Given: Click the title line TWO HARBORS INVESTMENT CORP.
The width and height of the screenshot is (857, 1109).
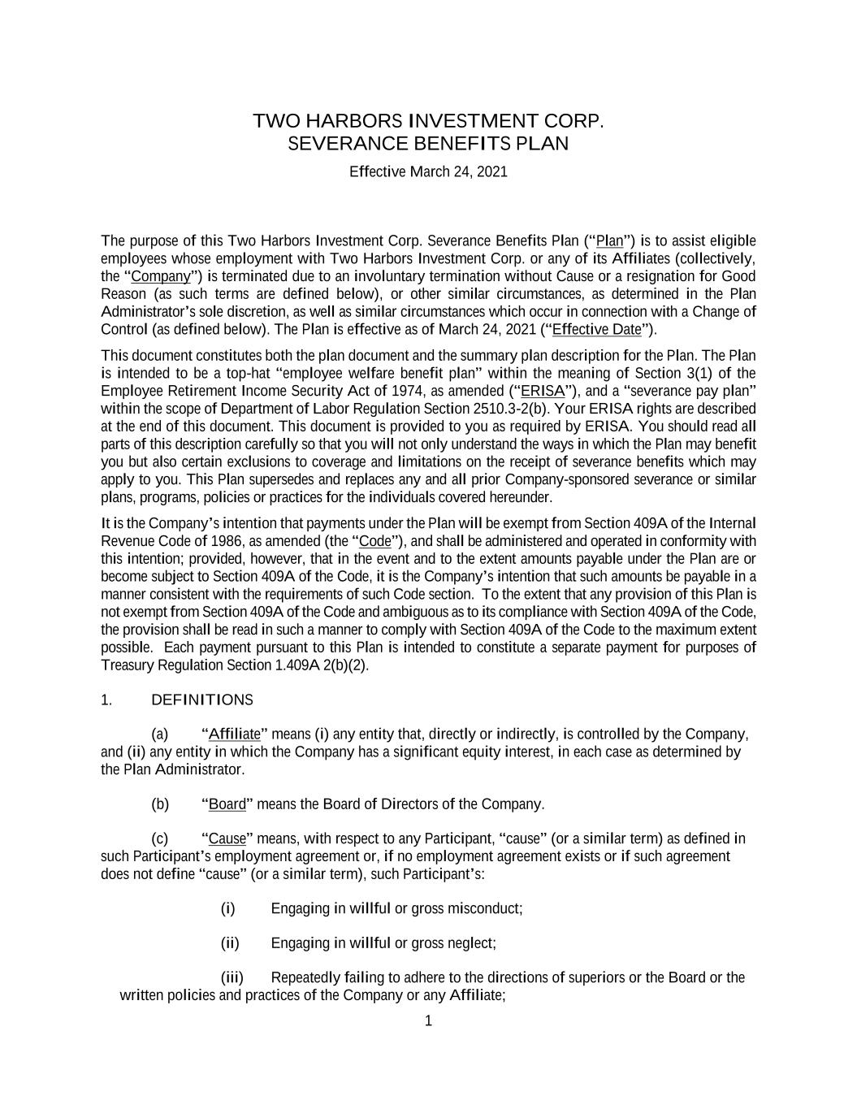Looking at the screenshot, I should click(x=428, y=122).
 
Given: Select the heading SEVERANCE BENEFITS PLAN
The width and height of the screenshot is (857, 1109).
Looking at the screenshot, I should click(x=428, y=144).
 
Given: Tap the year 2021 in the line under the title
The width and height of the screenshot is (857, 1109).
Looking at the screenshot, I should click(x=491, y=172).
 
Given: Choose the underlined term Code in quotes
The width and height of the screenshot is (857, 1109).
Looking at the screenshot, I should click(x=374, y=542).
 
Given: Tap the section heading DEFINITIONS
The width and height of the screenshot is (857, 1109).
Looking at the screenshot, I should click(x=202, y=700).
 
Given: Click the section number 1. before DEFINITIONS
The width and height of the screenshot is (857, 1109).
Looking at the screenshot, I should click(x=106, y=700).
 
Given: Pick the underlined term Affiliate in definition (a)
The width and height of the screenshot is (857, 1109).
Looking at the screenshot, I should click(x=234, y=735).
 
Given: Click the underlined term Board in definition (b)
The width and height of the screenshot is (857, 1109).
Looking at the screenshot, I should click(x=227, y=804).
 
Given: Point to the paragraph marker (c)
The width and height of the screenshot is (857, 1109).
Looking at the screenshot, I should click(x=160, y=839).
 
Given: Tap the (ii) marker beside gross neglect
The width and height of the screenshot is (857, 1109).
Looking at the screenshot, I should click(x=230, y=943).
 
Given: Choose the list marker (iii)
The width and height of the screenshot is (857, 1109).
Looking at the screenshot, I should click(x=232, y=977).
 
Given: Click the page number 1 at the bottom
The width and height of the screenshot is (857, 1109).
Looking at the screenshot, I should click(x=429, y=1021).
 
